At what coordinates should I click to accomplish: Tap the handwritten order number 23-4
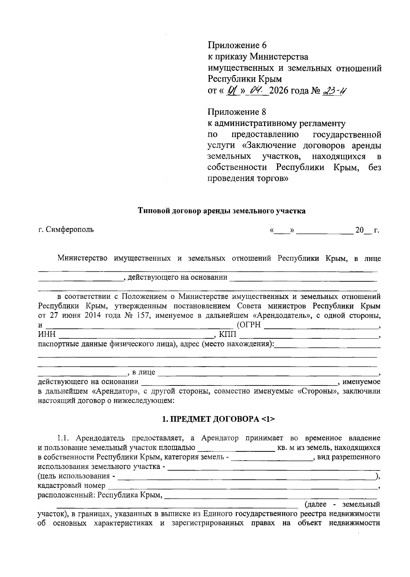tap(334, 91)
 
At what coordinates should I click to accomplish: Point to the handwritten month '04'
tap(256, 91)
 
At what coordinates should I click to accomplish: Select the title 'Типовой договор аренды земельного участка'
tap(221, 211)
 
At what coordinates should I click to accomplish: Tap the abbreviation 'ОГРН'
tap(250, 325)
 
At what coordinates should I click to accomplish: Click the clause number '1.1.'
tap(64, 438)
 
